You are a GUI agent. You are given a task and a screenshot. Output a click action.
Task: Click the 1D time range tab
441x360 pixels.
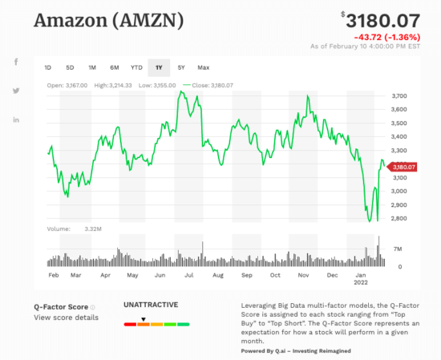[x=48, y=67]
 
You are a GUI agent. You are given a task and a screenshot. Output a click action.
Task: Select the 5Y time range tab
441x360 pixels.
[x=181, y=67]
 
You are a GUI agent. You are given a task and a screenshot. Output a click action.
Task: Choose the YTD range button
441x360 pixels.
[x=136, y=67]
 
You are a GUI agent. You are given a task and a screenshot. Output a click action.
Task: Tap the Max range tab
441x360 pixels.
[x=204, y=67]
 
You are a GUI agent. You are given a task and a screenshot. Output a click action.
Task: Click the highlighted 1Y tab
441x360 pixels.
[x=159, y=67]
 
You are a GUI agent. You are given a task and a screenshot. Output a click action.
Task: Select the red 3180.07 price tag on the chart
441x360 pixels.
[x=403, y=167]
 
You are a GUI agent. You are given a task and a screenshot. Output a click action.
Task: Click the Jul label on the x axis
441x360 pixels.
[x=189, y=275]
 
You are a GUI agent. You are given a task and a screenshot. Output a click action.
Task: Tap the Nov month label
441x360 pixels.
[x=304, y=275]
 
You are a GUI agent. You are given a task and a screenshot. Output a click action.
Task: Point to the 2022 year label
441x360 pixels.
[x=361, y=283]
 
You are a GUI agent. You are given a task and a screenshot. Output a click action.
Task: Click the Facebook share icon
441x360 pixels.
[x=16, y=63]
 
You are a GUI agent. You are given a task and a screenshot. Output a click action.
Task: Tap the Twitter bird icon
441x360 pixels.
[x=16, y=91]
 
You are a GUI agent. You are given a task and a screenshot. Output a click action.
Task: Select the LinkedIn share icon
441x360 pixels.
[x=16, y=119]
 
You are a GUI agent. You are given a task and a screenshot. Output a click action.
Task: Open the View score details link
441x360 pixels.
[x=66, y=318]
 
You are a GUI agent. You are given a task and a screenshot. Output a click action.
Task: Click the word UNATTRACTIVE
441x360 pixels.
[x=150, y=305]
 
